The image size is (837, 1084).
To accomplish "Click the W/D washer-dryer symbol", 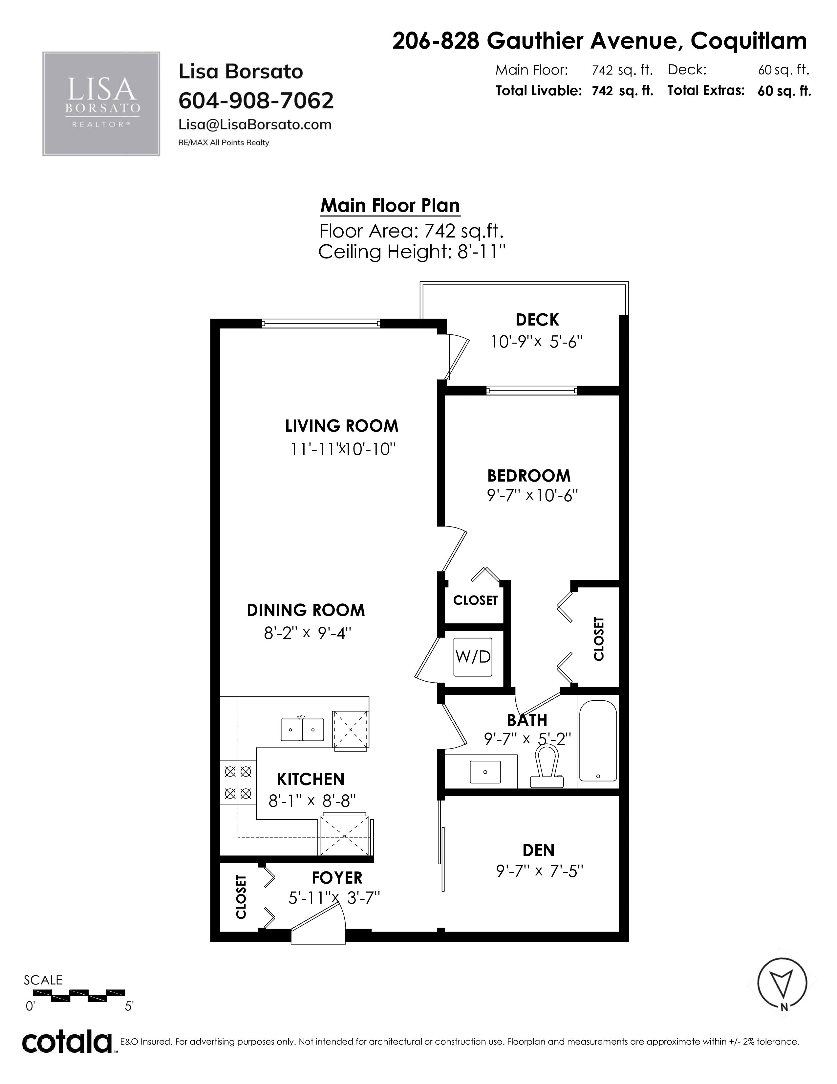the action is [x=473, y=657].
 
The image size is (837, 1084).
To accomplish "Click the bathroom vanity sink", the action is [x=485, y=772].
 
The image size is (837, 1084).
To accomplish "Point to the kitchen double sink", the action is [x=303, y=730].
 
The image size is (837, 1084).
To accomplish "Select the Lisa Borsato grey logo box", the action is [x=101, y=104].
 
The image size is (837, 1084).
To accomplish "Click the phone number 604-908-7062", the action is [x=256, y=101].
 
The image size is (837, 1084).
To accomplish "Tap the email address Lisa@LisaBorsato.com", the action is [x=255, y=124].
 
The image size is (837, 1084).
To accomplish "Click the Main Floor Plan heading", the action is [x=390, y=206].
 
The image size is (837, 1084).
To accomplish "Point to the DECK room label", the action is [x=537, y=320].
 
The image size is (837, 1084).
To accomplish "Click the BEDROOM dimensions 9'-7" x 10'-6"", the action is [x=532, y=495].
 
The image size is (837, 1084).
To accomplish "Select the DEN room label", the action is [x=539, y=850].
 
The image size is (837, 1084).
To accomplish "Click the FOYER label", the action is [x=337, y=877].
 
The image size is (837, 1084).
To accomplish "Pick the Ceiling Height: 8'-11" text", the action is [x=412, y=252].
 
